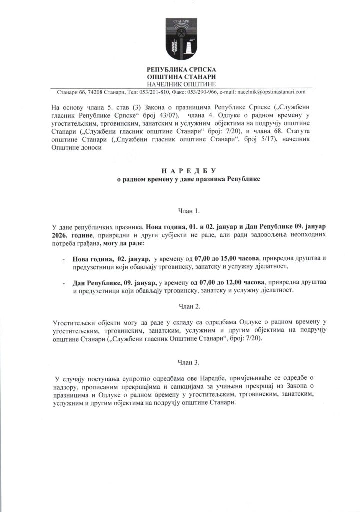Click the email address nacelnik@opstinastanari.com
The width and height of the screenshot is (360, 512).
[x=271, y=92]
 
